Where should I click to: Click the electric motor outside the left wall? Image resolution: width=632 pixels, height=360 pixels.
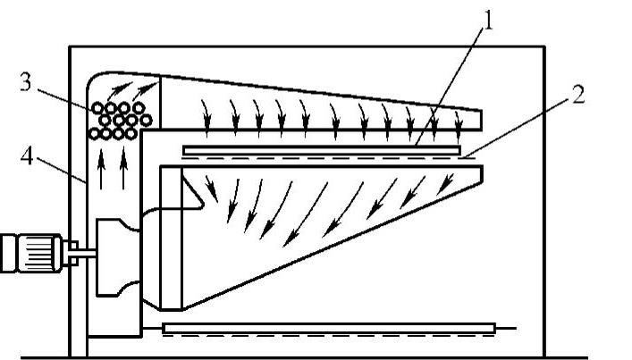[30, 252]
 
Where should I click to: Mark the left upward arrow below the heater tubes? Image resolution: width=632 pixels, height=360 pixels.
[102, 172]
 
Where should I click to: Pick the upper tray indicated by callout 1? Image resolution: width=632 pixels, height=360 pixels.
[322, 149]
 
